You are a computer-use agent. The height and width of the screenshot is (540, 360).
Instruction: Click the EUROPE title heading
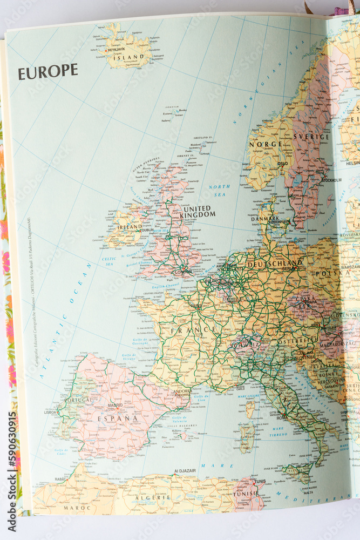(x=47, y=71)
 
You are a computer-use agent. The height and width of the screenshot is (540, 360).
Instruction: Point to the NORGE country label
(x=266, y=144)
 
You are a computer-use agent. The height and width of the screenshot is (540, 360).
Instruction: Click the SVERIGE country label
(x=311, y=137)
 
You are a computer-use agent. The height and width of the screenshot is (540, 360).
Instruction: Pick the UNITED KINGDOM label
(x=197, y=211)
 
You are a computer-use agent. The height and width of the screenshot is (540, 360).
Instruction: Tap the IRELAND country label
(x=130, y=227)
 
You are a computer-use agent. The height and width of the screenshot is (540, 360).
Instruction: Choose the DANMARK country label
(x=265, y=219)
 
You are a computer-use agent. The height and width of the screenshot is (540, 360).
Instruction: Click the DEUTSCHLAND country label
(x=274, y=264)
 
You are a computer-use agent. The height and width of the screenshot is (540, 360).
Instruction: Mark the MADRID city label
(x=115, y=405)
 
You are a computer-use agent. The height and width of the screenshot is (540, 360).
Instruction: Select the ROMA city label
(x=282, y=417)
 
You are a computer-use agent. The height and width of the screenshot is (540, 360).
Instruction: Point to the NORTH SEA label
(x=219, y=190)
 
